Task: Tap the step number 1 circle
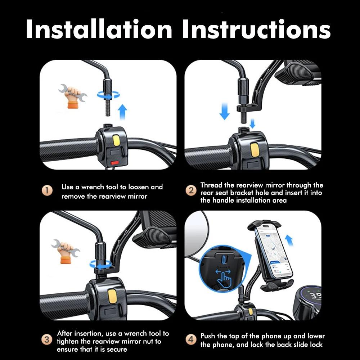[48, 191]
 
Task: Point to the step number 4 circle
[191, 339]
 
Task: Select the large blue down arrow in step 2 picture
[224, 110]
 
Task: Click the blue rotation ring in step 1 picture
[108, 95]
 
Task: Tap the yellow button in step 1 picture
[117, 140]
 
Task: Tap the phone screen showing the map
[273, 252]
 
